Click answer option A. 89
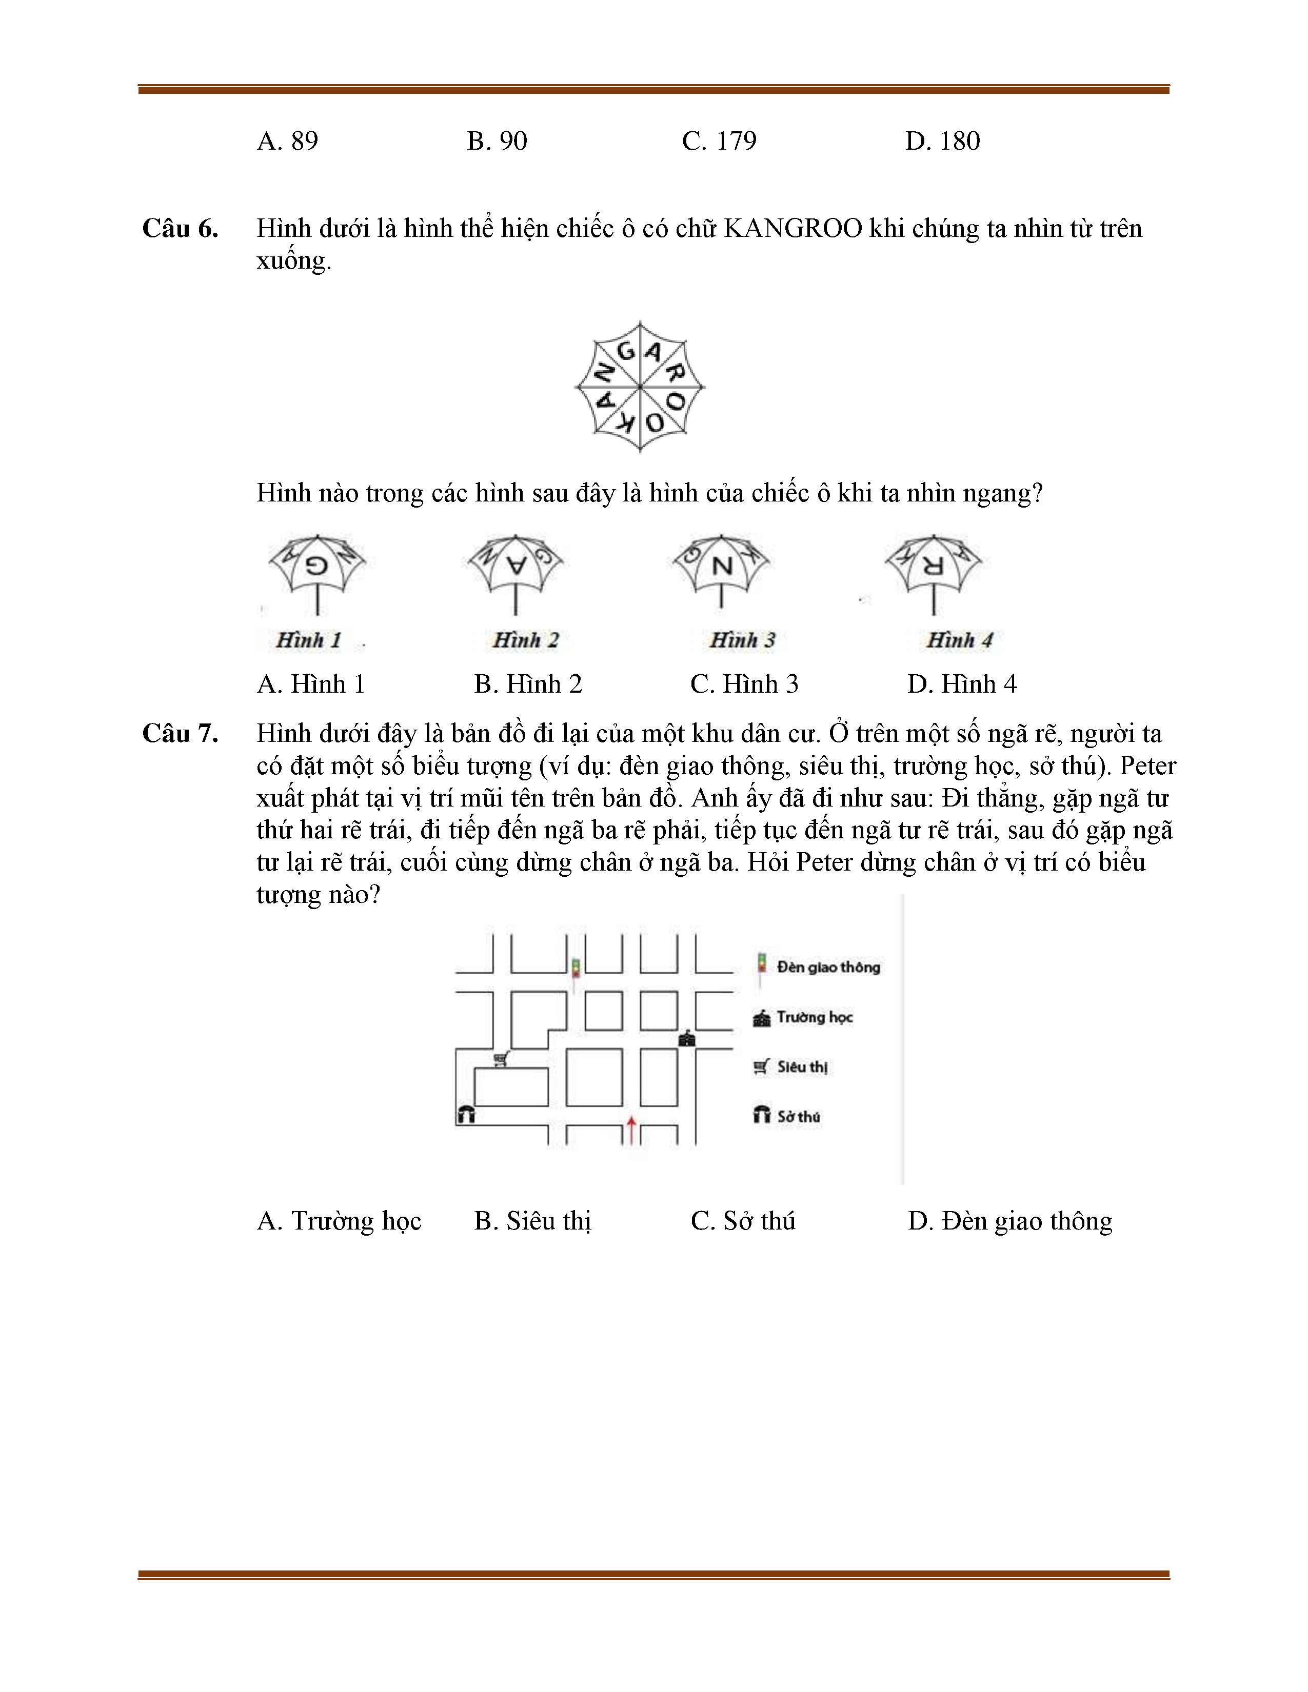287,141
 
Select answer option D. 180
942,141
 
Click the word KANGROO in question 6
792,229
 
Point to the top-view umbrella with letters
640,386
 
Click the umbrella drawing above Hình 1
318,573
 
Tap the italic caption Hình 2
525,640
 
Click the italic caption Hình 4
959,640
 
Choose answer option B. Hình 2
528,684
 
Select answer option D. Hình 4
962,684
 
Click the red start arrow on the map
631,1130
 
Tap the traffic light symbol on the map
576,969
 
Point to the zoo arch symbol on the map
466,1114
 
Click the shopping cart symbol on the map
501,1058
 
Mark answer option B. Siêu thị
532,1221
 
